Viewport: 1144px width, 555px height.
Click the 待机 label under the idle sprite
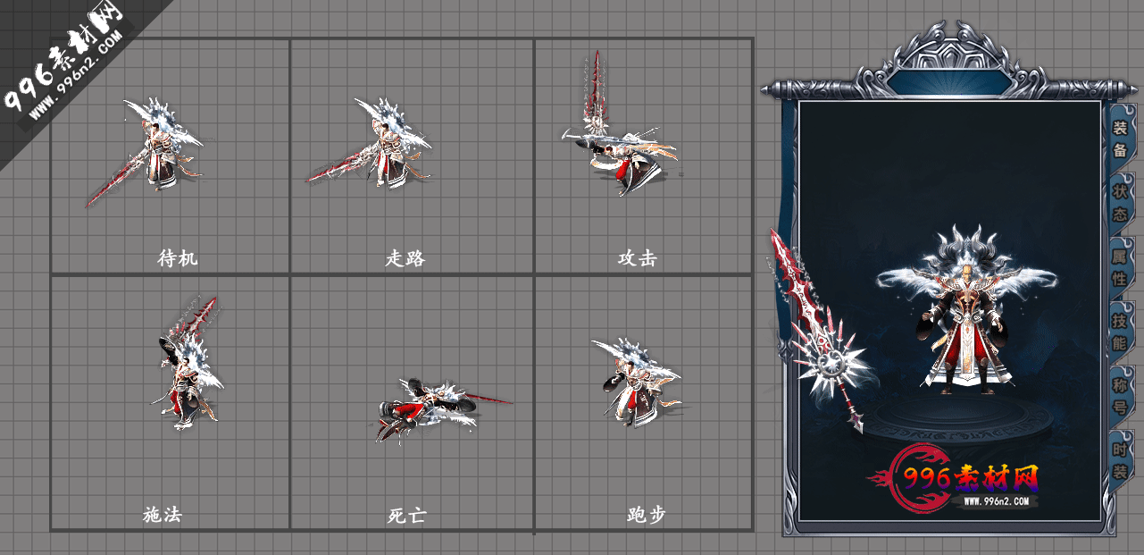178,259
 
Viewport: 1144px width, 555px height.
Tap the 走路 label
405,259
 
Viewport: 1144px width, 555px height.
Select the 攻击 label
638,259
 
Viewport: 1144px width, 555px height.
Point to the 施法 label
163,515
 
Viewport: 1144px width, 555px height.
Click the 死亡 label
406,516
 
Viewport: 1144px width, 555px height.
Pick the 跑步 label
647,515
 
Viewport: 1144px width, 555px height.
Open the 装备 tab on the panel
1119,139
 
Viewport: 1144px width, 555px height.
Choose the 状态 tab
1119,203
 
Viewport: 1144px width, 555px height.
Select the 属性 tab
1119,267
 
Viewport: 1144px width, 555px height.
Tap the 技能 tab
1119,332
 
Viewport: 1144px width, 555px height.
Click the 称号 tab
1119,396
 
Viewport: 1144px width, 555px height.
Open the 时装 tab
1119,460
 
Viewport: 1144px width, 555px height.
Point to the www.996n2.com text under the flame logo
1000,501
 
